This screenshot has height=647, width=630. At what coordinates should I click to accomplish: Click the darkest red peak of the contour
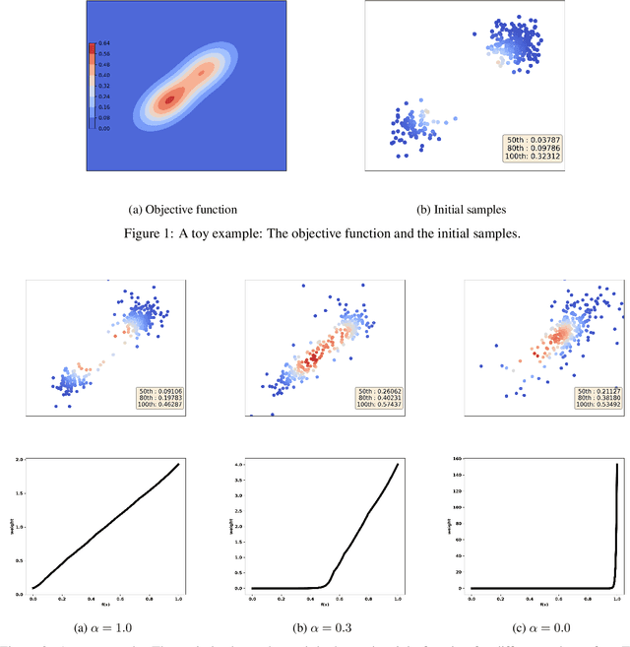point(168,98)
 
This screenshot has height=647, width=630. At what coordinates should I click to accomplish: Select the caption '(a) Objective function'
point(183,210)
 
